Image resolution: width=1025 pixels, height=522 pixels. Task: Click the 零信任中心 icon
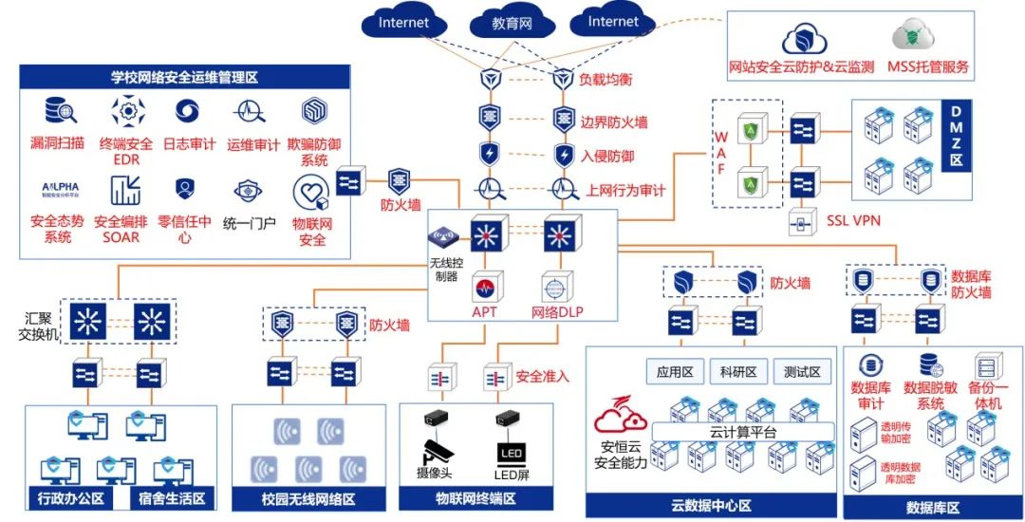184,190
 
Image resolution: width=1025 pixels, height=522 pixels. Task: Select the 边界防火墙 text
614,121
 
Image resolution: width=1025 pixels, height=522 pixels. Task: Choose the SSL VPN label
853,221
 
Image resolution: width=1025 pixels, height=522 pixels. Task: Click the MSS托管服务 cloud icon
914,38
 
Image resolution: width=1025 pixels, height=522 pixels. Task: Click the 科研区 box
736,371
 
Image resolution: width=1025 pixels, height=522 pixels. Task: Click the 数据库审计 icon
870,366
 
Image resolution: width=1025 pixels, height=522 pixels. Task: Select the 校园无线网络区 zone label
308,497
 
